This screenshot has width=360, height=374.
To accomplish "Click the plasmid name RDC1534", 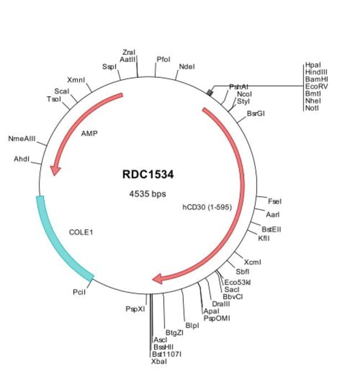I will (148, 175).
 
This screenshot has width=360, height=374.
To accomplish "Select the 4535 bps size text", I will (147, 194).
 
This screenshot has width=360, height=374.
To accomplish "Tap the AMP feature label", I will (89, 134).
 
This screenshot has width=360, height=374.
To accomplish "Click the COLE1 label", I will (81, 232).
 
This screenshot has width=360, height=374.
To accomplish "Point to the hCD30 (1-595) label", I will (207, 207).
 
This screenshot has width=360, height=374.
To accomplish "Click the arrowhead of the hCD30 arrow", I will (158, 278).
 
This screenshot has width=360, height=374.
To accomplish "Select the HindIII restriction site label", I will (316, 72).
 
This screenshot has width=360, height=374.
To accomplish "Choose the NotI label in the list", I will (312, 108).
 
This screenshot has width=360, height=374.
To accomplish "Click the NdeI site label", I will (187, 67).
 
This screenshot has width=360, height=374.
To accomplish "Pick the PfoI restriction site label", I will (163, 59).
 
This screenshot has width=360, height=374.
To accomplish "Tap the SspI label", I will (109, 66).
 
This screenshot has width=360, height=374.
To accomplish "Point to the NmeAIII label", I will (22, 138).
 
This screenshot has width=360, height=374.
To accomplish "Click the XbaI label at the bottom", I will (158, 361).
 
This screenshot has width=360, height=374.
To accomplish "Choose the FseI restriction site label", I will (275, 201).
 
